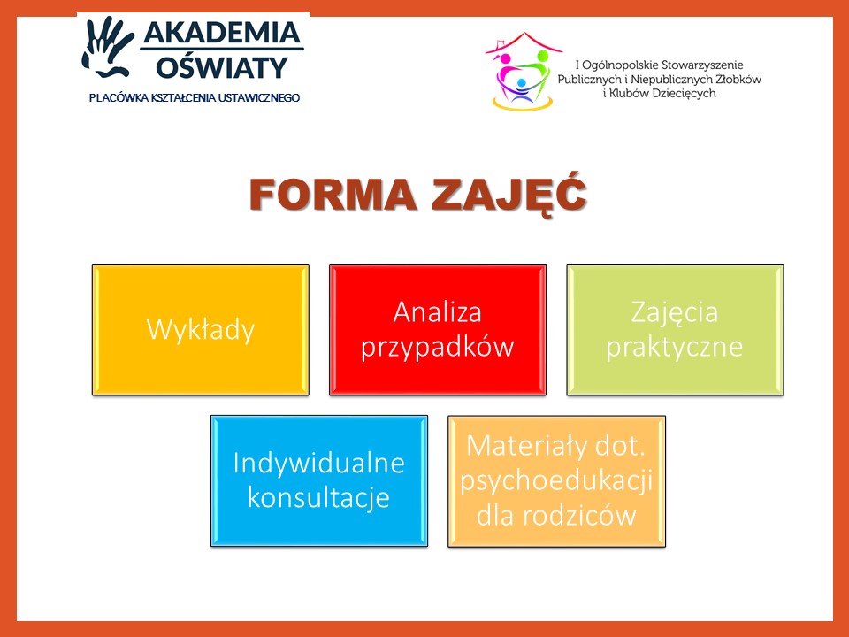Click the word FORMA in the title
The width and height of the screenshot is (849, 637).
point(333,195)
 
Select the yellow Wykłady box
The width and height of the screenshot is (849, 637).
point(201,329)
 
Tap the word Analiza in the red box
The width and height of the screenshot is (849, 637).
point(438,312)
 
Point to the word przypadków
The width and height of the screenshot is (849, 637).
point(438,347)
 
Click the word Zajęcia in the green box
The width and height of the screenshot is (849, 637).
point(675,313)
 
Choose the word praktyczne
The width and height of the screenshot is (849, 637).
point(675,347)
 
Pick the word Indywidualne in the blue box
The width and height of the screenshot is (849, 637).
point(319,463)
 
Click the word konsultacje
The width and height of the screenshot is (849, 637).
point(319,498)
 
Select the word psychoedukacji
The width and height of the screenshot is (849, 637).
point(556,481)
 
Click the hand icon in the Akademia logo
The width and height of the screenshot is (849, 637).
point(108,47)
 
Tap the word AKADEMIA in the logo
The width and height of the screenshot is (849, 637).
point(222,33)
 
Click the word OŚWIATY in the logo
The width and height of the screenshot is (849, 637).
point(222,66)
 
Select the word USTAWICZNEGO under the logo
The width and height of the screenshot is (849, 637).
point(266,98)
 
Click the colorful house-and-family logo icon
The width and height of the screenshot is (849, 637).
point(523,71)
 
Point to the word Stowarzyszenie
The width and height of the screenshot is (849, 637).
point(702,65)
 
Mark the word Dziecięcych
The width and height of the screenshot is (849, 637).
point(684,93)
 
